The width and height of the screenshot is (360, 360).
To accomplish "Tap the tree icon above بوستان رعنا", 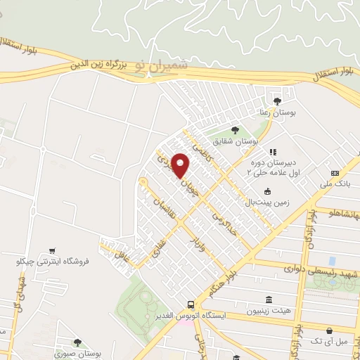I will (x=277, y=101).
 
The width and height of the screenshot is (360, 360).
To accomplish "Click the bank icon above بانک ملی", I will (x=335, y=173).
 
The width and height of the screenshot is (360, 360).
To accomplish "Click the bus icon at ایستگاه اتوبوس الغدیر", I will (x=191, y=305).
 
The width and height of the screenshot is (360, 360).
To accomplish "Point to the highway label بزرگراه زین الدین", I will (x=98, y=65).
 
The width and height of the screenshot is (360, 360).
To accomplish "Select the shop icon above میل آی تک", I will (x=329, y=330).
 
